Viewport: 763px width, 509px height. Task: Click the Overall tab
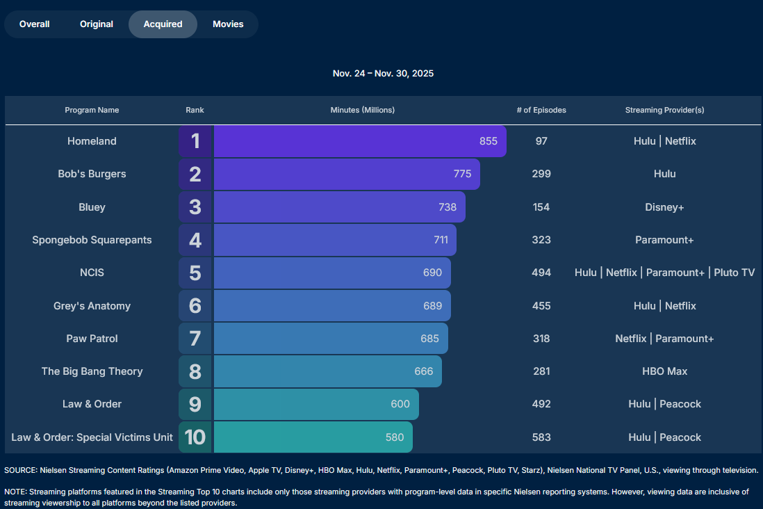(x=35, y=24)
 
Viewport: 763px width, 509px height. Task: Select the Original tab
(x=97, y=24)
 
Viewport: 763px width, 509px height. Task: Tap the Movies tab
(x=228, y=24)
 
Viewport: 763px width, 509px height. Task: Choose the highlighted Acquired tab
(x=163, y=24)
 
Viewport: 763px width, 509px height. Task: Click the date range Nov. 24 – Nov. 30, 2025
(x=383, y=74)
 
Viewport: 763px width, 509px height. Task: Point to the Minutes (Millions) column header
(x=362, y=110)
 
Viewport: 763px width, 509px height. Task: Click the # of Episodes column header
(x=541, y=110)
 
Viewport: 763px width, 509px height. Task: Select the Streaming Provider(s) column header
(x=664, y=110)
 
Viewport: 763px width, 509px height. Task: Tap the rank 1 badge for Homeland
(x=195, y=141)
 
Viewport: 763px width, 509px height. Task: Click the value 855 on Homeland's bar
(x=489, y=141)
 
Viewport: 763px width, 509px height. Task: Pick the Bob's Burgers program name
(x=92, y=174)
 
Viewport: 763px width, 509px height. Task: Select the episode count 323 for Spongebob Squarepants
(x=541, y=240)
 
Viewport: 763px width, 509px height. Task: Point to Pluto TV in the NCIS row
(x=735, y=273)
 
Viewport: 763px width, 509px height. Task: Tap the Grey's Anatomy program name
(x=92, y=306)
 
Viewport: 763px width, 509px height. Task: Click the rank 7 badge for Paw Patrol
(x=195, y=339)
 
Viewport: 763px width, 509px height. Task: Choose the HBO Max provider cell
(x=664, y=371)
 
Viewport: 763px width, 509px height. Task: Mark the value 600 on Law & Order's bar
(x=400, y=404)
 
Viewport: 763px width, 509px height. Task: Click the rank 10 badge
(x=195, y=437)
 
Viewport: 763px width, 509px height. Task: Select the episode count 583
(x=541, y=437)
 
